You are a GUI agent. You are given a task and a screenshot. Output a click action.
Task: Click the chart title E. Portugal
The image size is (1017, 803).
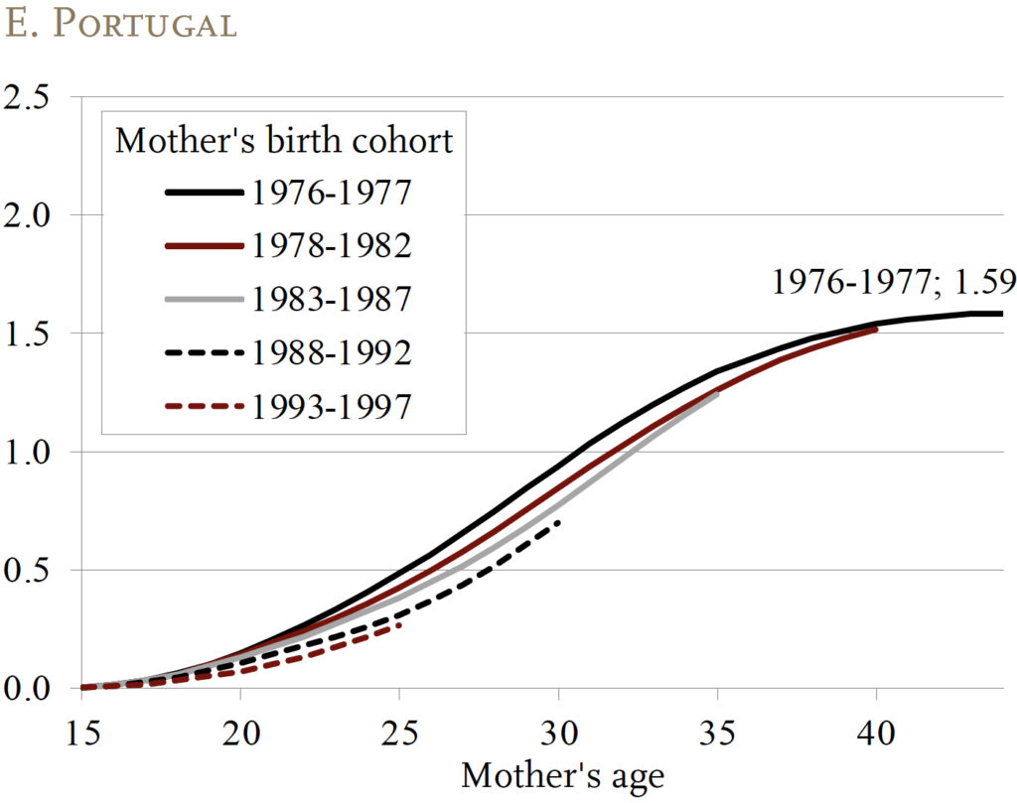(121, 25)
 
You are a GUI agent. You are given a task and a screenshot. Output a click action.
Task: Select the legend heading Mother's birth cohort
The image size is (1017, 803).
(283, 140)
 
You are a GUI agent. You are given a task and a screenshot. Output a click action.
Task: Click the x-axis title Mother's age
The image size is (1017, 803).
(562, 775)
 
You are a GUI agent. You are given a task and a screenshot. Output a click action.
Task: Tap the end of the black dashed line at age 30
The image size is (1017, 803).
(559, 521)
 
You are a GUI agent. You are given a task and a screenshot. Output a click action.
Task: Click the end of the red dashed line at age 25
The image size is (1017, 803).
(399, 624)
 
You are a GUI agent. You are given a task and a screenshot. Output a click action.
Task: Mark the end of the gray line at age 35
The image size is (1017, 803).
(717, 394)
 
